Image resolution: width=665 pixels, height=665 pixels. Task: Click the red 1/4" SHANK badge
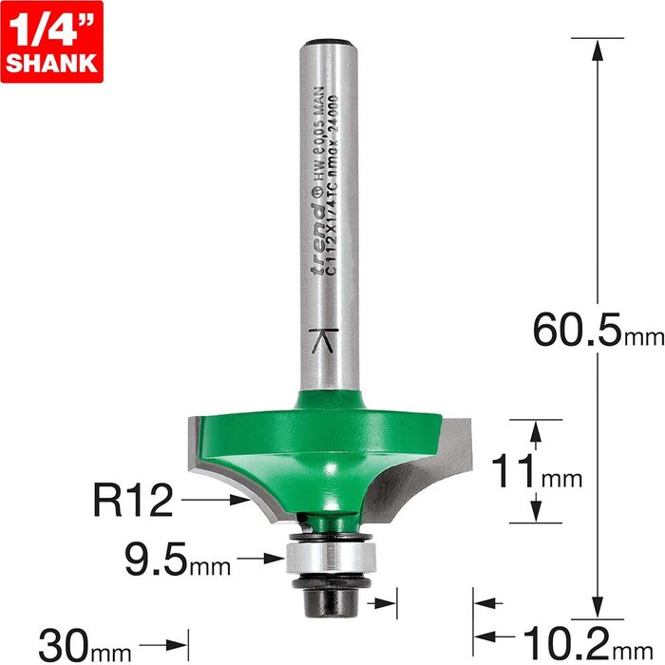pos(51,42)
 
